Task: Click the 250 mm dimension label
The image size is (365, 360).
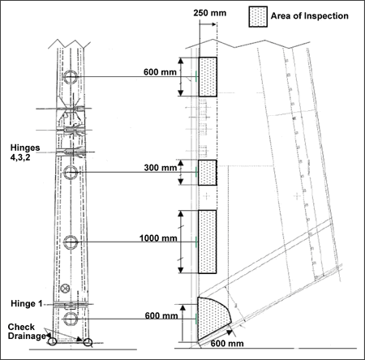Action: tap(210, 13)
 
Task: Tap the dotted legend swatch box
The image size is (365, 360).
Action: tap(258, 17)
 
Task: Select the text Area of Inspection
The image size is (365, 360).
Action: tap(310, 16)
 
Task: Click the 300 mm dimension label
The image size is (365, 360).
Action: tap(161, 168)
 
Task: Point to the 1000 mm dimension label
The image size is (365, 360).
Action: tap(158, 238)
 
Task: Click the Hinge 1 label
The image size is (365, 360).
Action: tap(27, 304)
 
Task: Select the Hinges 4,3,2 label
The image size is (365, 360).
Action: tap(25, 152)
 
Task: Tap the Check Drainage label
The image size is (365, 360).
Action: tap(27, 332)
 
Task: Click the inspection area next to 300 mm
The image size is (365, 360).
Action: tap(208, 173)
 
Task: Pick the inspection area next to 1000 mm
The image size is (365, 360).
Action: tap(208, 242)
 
